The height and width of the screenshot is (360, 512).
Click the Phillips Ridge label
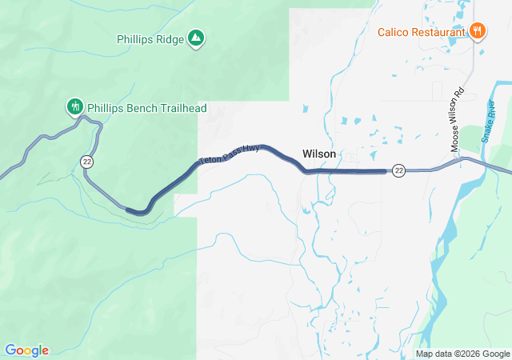click(150, 38)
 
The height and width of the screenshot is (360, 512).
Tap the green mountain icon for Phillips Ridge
click(195, 38)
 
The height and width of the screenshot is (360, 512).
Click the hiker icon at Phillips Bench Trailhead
click(74, 106)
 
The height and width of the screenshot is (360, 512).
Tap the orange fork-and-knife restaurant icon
click(478, 31)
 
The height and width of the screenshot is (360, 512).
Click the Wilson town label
click(318, 154)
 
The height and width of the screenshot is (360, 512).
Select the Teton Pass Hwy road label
click(230, 154)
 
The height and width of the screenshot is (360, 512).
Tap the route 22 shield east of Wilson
click(399, 170)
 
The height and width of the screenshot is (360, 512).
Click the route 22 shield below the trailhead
click(86, 162)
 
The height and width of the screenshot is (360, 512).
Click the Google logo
click(26, 350)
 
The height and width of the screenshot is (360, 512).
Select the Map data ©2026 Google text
click(462, 354)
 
